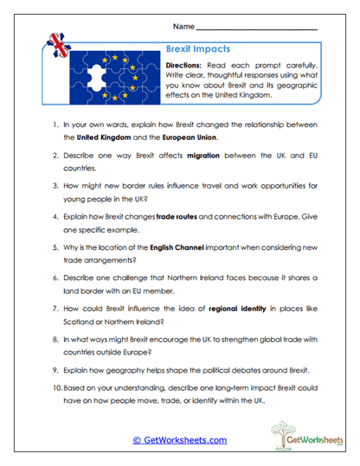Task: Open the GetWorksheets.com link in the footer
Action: [180, 441]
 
